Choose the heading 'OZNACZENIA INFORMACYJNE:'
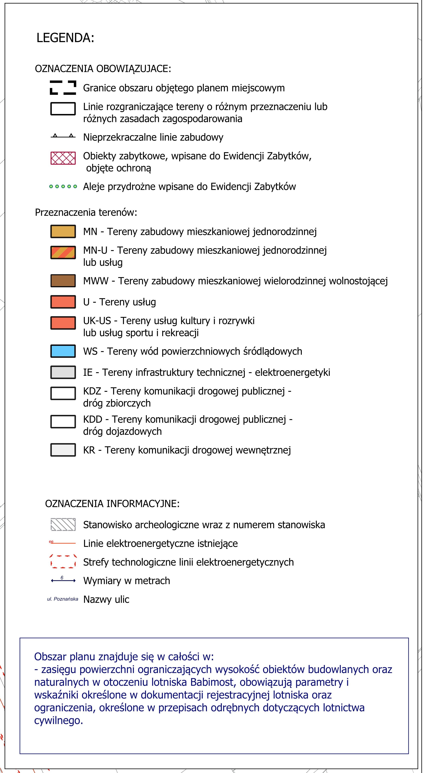[x=112, y=503]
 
